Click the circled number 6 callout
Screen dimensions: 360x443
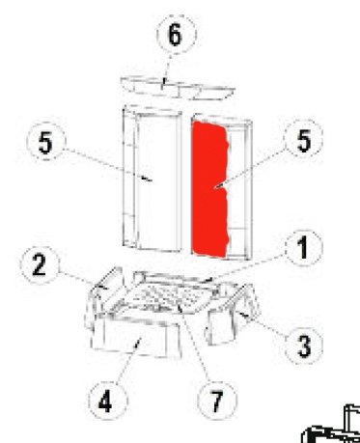pyautogui.click(x=176, y=34)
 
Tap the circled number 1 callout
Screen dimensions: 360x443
pyautogui.click(x=303, y=248)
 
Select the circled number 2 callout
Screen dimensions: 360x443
pyautogui.click(x=40, y=265)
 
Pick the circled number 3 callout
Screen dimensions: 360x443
pyautogui.click(x=304, y=345)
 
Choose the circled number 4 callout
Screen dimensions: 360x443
pyautogui.click(x=107, y=401)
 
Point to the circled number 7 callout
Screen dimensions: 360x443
pyautogui.click(x=217, y=401)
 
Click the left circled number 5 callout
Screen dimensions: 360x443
pyautogui.click(x=46, y=142)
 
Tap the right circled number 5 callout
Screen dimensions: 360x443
pyautogui.click(x=303, y=139)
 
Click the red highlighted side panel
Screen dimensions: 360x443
pyautogui.click(x=210, y=189)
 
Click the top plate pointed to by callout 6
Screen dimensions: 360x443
pyautogui.click(x=178, y=88)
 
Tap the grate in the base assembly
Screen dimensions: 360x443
pyautogui.click(x=166, y=296)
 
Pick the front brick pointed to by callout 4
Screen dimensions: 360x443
pyautogui.click(x=136, y=337)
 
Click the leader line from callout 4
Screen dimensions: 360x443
pyautogui.click(x=128, y=360)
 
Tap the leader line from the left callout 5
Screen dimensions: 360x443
pyautogui.click(x=108, y=164)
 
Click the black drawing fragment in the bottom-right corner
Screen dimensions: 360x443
pyautogui.click(x=331, y=425)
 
